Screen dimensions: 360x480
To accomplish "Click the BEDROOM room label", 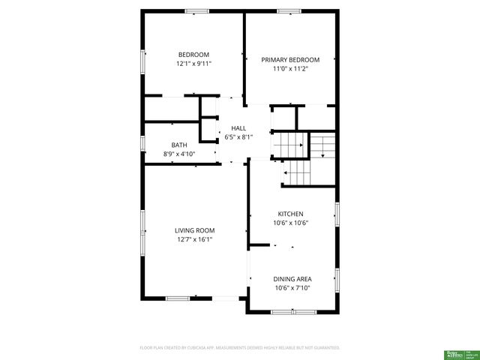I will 193,54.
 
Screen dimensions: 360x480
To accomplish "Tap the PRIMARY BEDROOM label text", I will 290,60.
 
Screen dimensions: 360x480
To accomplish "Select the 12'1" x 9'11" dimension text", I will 193,64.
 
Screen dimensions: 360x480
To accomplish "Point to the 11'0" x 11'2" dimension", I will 290,69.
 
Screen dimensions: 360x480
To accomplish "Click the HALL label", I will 238,128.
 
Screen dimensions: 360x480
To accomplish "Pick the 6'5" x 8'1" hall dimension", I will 238,137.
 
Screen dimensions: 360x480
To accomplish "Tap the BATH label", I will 178,145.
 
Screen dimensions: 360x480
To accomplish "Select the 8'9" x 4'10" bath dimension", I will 178,154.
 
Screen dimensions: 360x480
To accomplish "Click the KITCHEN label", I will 290,214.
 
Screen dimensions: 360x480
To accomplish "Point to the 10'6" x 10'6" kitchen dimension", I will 292,223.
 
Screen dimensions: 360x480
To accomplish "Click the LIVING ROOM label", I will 194,230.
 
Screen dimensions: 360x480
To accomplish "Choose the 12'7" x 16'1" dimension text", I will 194,240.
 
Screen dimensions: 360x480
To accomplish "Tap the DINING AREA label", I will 292,278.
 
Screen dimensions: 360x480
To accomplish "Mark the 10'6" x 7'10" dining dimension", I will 292,287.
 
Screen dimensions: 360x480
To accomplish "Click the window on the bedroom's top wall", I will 197,10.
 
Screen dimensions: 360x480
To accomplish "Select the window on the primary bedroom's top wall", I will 289,10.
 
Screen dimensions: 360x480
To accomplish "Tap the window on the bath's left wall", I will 142,142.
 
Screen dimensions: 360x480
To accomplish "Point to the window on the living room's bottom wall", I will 178,298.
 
